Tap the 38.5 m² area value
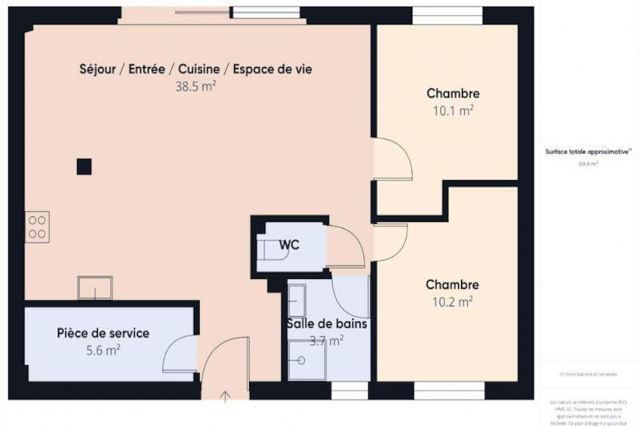(x=196, y=86)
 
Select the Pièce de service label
(x=103, y=333)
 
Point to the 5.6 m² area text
(x=103, y=350)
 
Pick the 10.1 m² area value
(x=453, y=110)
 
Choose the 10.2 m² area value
(x=452, y=302)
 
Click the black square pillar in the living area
(x=84, y=166)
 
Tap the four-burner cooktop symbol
(x=37, y=227)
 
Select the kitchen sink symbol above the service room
(x=95, y=287)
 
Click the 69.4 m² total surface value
(x=588, y=163)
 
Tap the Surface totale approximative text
(x=588, y=151)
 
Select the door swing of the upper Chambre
(x=394, y=159)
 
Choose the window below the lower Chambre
(x=448, y=390)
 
